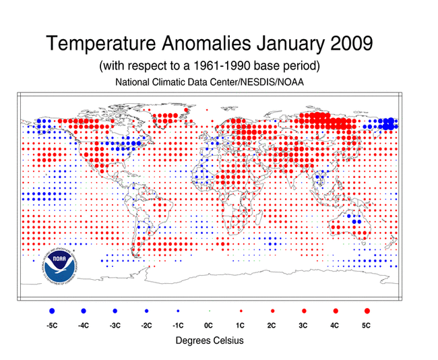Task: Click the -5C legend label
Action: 52,326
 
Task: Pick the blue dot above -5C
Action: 52,311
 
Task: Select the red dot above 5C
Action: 367,311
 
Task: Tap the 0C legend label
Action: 209,326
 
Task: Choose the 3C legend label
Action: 304,326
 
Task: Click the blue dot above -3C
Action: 115,311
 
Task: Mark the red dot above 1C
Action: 241,311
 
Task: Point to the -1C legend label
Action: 177,326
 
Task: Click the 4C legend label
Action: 335,326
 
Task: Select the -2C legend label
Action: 146,326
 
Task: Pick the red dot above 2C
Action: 272,311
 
